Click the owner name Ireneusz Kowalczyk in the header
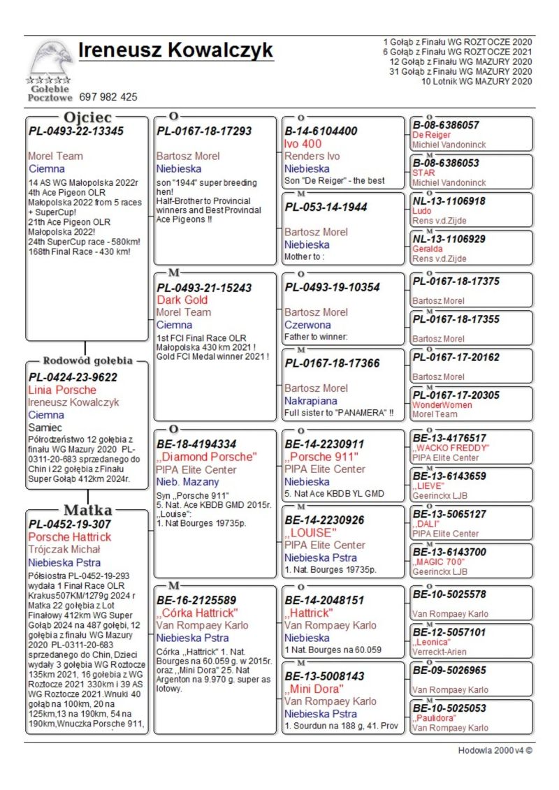tap(175, 51)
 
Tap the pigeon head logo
tap(50, 59)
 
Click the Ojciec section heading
tap(88, 117)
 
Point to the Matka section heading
tap(88, 509)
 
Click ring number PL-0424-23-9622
tap(73, 377)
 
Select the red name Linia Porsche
tap(62, 390)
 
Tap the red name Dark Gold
tap(182, 300)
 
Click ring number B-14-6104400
tap(321, 131)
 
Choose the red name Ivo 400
tap(303, 144)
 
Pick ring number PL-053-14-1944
tap(325, 207)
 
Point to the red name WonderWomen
tap(442, 405)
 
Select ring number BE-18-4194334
tap(196, 444)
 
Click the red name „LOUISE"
tap(311, 532)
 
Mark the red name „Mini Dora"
tap(314, 689)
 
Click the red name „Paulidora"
tap(435, 718)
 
